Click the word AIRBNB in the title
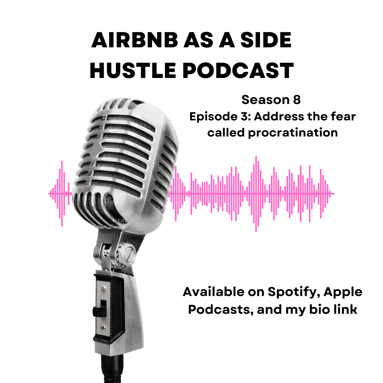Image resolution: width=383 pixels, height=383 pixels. point(135,40)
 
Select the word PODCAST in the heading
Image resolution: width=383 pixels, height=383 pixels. point(238,71)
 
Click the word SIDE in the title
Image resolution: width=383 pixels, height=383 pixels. point(266,40)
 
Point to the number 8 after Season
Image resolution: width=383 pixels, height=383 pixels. point(297,100)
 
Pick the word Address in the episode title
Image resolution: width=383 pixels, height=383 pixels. point(279,116)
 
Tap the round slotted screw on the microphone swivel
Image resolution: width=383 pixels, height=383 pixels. point(129,254)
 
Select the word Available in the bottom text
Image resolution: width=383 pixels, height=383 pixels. point(214,292)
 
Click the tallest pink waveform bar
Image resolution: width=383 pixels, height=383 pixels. point(256,194)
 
